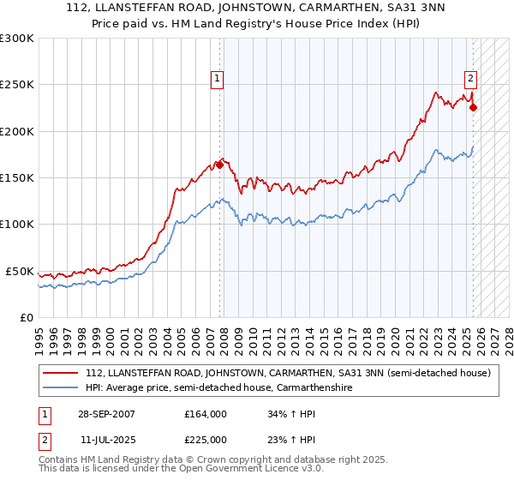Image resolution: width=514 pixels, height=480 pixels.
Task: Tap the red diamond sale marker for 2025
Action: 474,107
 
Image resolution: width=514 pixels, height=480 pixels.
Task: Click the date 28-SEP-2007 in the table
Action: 107,413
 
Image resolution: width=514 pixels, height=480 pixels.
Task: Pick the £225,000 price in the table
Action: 205,439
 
